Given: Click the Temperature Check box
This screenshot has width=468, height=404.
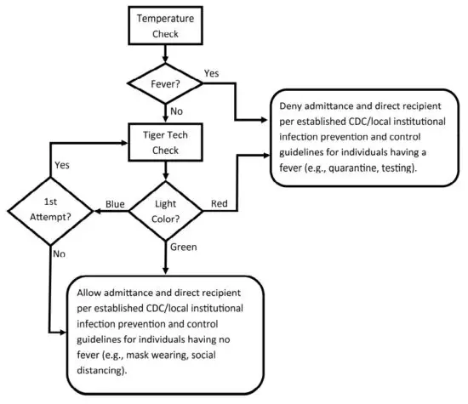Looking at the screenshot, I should coord(165,26).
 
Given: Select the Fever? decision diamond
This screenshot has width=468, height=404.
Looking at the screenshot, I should coord(165,83).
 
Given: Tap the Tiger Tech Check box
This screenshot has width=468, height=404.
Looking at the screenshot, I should coord(165,140).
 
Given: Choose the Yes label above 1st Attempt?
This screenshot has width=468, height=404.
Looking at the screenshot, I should coord(63,165).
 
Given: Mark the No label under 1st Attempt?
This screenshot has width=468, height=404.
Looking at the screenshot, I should coord(59,253).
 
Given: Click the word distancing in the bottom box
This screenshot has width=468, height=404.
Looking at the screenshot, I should coord(102,371).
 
